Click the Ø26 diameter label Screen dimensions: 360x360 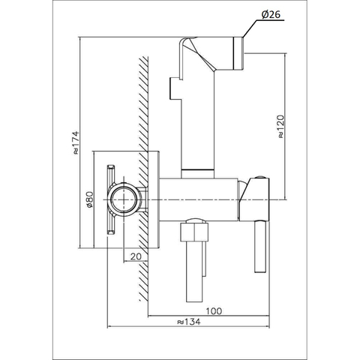271,15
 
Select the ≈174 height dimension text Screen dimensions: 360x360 76,142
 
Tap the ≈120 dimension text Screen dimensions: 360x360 281,126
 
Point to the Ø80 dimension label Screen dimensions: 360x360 89,199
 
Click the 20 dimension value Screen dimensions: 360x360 136,256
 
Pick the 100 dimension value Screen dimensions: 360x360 214,311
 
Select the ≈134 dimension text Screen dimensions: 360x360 189,322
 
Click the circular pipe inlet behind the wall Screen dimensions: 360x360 124,199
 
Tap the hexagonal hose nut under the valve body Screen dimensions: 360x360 194,231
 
